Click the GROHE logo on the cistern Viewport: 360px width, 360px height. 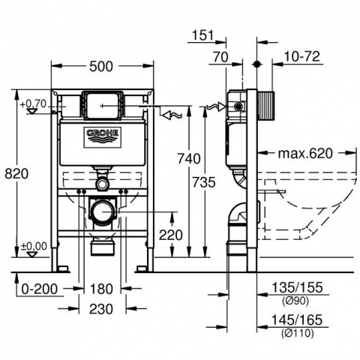(102, 136)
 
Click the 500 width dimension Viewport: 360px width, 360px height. (101, 67)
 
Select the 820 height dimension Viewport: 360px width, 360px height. (16, 173)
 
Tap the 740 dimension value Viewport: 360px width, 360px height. (189, 158)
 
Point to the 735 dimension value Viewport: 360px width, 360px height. (204, 182)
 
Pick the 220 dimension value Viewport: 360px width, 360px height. (171, 235)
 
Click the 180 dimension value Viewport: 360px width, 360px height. (101, 289)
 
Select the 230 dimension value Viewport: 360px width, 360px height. (101, 309)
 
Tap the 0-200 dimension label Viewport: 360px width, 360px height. (40, 289)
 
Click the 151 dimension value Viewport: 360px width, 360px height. (203, 35)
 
